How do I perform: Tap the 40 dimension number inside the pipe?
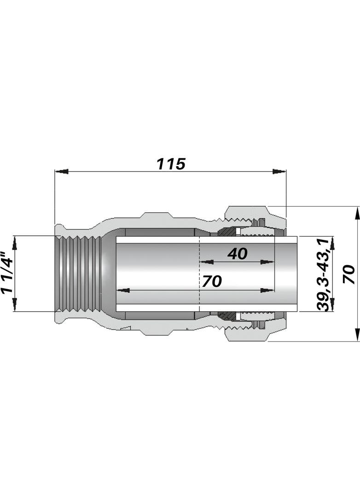click(x=237, y=253)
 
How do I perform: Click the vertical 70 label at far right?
click(x=348, y=274)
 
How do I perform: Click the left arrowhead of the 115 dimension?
click(x=61, y=172)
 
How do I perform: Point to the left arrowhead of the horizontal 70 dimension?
click(x=122, y=291)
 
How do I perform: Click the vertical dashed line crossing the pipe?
click(x=199, y=276)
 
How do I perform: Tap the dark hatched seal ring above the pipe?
click(x=226, y=232)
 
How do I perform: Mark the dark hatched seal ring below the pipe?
click(x=226, y=316)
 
